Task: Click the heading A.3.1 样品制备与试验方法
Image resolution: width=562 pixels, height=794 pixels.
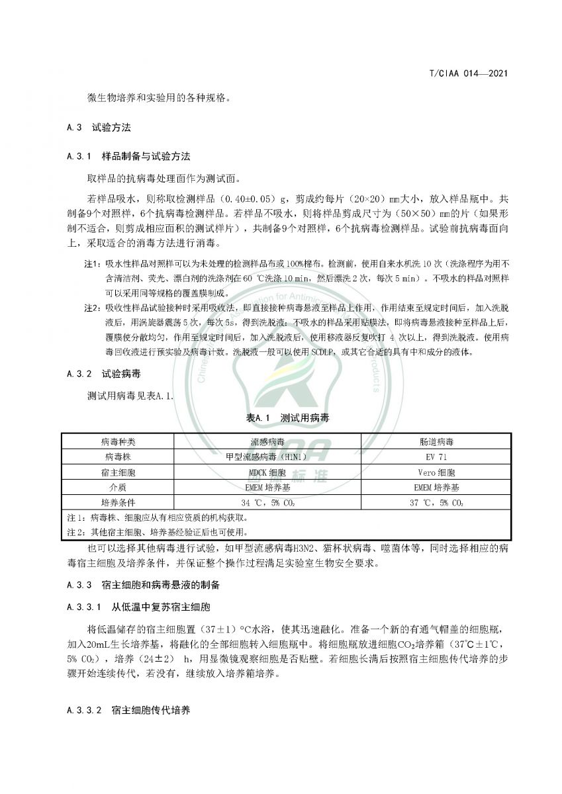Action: pos(128,157)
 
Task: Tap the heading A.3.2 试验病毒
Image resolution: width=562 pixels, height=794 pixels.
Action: pos(104,374)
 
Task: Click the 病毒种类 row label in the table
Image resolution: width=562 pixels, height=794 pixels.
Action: pos(118,441)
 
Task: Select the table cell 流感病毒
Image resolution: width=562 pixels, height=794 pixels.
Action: pos(267,441)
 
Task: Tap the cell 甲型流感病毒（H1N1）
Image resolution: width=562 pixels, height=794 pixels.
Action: pos(267,457)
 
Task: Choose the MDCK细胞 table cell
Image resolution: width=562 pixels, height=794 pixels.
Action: pos(267,472)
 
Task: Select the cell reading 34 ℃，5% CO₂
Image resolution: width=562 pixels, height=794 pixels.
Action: pos(267,503)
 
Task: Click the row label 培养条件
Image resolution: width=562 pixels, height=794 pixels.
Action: pos(118,503)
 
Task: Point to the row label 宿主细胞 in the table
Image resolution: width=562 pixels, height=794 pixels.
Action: pos(118,472)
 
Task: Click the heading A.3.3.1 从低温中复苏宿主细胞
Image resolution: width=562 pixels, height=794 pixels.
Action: pos(138,607)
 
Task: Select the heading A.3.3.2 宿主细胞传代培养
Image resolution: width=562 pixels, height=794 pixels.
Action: pos(128,711)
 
